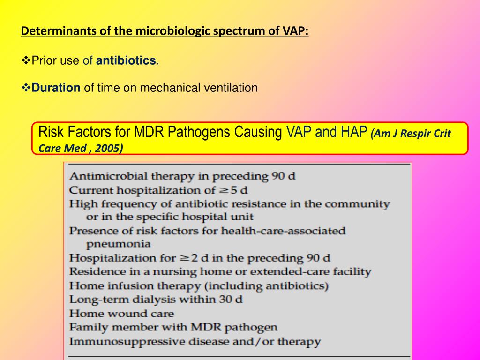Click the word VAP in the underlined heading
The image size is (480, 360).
296,31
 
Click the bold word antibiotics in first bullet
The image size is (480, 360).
126,60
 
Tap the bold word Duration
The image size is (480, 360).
56,88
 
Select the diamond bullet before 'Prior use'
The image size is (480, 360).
26,60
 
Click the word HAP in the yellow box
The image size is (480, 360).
350,132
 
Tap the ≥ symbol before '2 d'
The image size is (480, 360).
184,258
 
